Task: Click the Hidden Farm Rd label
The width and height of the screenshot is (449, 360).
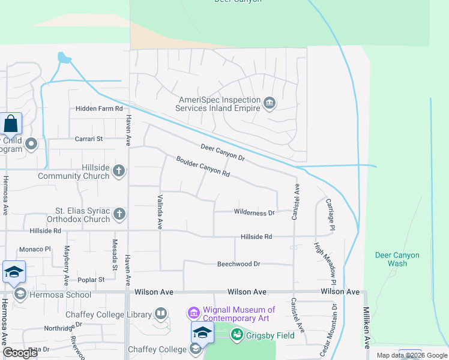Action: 99,109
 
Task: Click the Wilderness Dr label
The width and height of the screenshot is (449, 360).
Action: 254,212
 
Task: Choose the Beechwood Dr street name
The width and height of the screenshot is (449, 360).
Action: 238,263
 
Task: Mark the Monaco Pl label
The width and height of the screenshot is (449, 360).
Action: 35,249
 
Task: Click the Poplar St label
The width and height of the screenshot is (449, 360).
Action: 91,280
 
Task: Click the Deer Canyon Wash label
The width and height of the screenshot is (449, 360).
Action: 397,259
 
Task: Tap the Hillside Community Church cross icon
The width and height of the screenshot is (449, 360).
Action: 119,171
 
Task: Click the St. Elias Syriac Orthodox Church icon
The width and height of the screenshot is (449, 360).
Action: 119,214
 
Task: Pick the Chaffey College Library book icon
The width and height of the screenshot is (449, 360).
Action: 160,313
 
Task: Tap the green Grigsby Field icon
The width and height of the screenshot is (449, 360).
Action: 237,334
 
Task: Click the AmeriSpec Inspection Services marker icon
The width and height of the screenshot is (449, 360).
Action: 270,104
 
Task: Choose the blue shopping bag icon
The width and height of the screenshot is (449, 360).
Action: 11,124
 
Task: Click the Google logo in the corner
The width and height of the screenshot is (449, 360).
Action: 20,353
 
